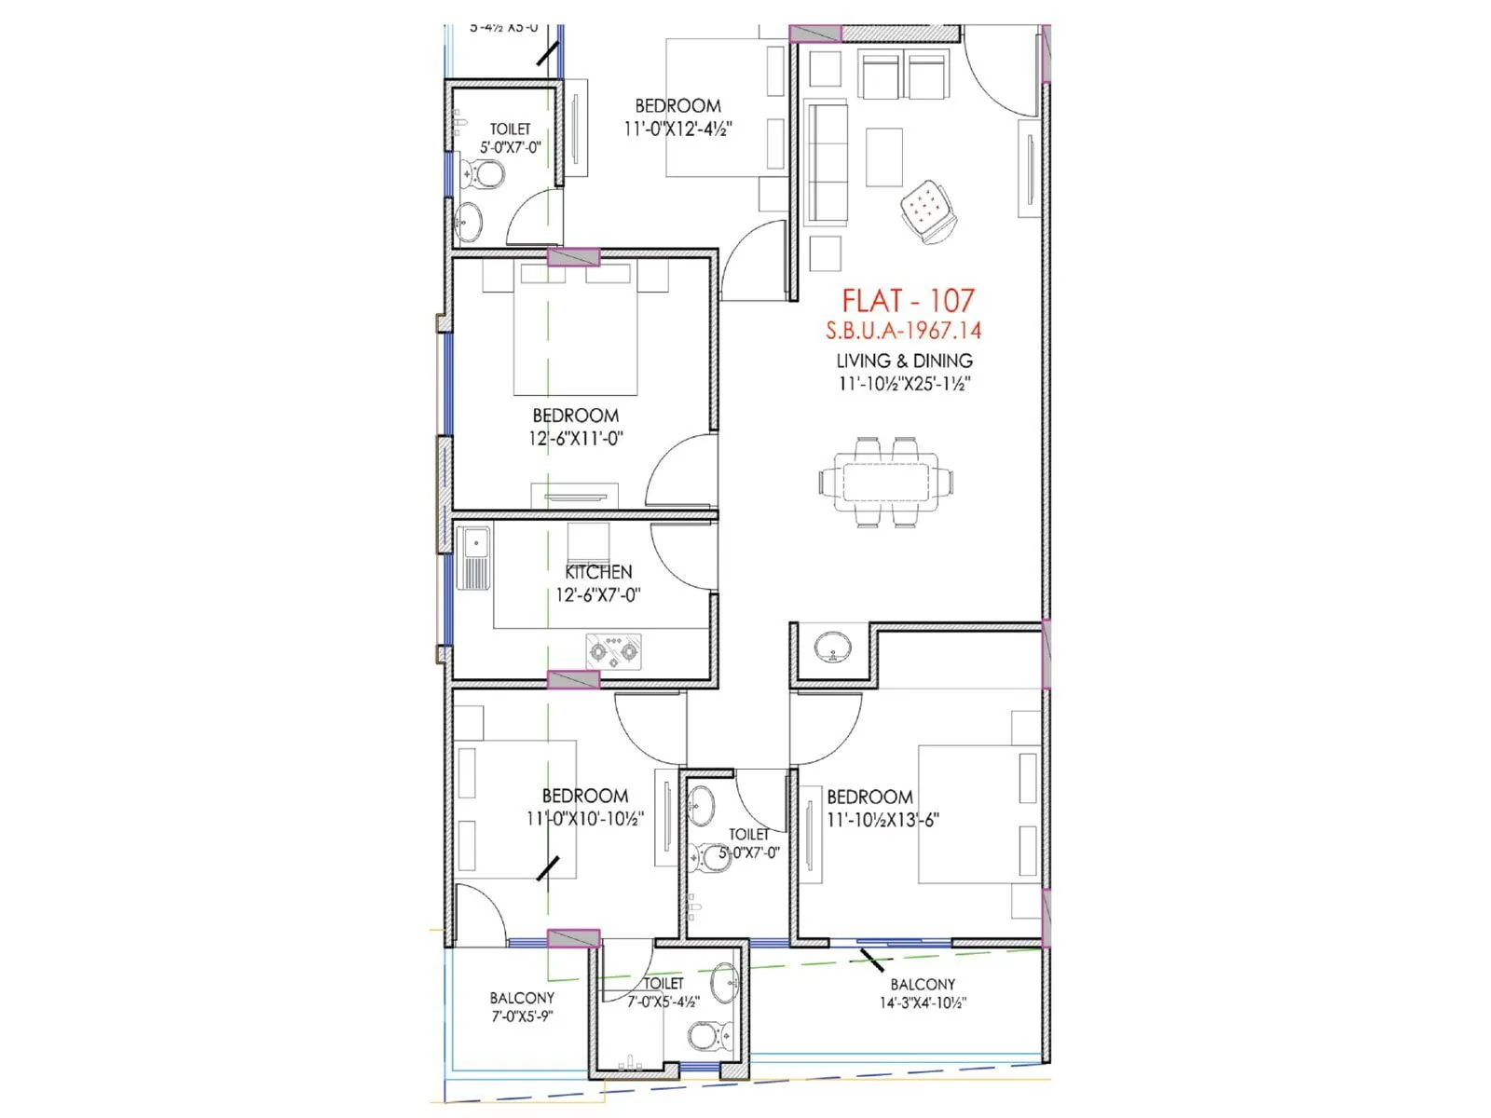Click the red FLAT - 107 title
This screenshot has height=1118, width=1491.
click(x=908, y=301)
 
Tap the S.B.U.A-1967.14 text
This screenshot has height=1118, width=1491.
click(x=903, y=331)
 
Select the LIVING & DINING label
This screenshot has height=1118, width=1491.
click(x=904, y=361)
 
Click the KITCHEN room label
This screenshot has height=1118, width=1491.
click(x=598, y=572)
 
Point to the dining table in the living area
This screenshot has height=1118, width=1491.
click(x=886, y=483)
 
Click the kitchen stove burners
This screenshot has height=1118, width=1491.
click(x=613, y=650)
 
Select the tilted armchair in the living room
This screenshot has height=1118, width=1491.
click(x=927, y=210)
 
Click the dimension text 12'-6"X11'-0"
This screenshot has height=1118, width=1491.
click(x=575, y=439)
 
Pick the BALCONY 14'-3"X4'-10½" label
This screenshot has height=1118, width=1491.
click(x=923, y=994)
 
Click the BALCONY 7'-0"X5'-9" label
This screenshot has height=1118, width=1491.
click(x=522, y=1007)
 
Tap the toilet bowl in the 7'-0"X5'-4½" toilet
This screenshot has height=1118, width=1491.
click(x=710, y=1034)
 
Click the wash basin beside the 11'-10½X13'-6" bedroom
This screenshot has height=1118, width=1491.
click(x=831, y=647)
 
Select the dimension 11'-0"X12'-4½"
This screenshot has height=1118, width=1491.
click(x=677, y=130)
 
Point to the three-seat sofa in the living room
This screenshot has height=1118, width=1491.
click(x=826, y=163)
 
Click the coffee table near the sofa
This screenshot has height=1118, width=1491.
click(x=883, y=157)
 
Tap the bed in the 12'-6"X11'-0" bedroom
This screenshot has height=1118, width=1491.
click(x=575, y=331)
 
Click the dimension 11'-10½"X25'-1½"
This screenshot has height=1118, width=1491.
click(x=904, y=384)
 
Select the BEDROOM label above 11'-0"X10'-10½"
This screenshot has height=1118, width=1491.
click(x=584, y=796)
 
